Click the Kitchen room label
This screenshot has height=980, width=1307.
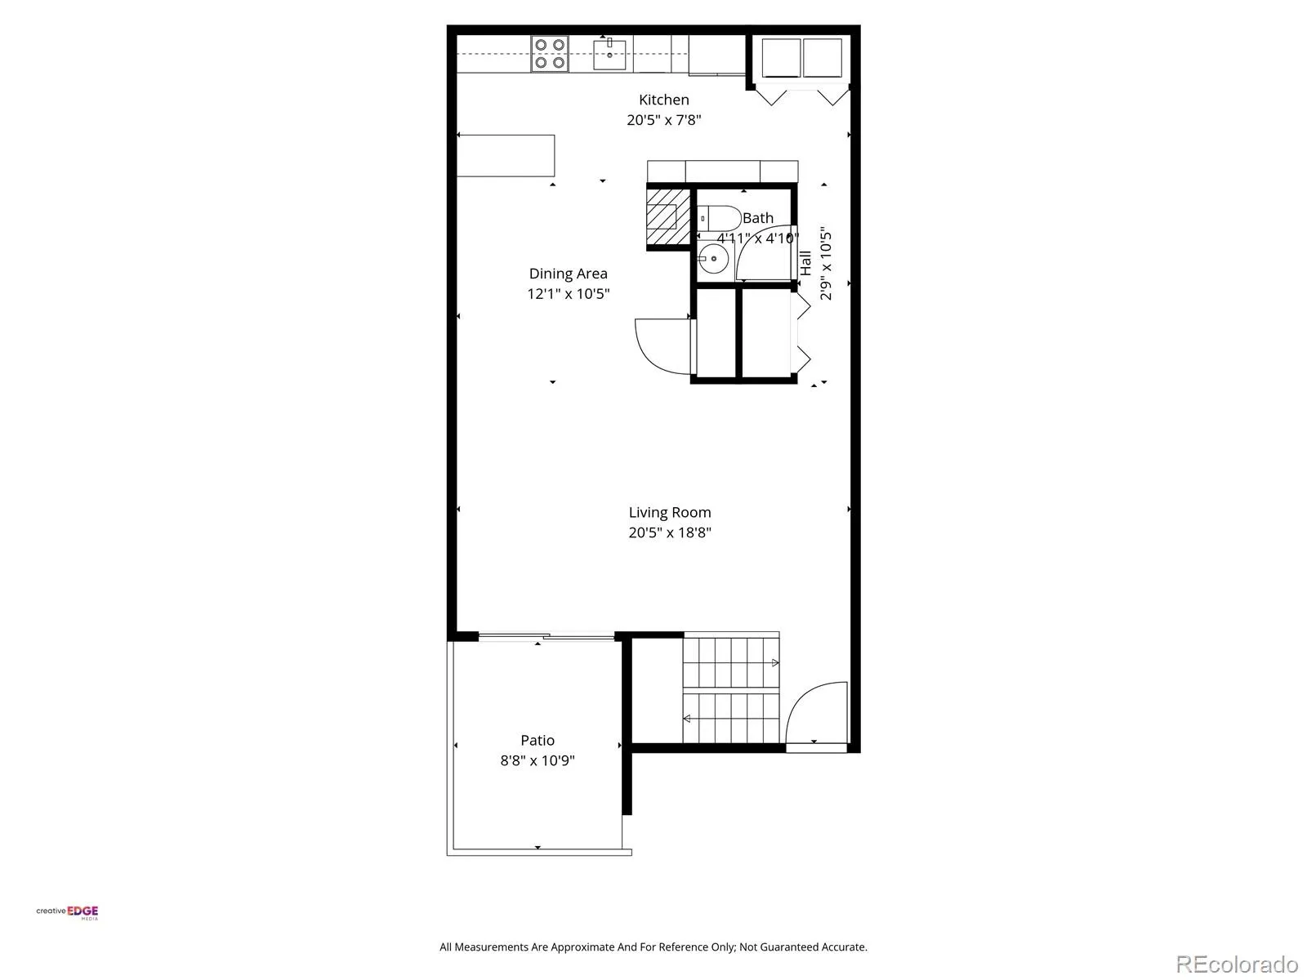pos(663,100)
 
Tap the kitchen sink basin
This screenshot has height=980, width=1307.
pos(609,54)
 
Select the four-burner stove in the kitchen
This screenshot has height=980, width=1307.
pos(550,54)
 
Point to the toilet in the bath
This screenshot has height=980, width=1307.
pos(719,218)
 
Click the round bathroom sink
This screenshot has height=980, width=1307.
pos(713,259)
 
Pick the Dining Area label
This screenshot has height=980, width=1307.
pos(568,274)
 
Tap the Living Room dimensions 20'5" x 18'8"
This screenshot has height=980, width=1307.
pos(670,532)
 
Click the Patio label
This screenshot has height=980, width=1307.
pos(537,740)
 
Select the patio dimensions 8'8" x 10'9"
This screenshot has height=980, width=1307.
pos(537,760)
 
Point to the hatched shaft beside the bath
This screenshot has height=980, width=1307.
pos(668,216)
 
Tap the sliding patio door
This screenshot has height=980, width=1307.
pos(546,637)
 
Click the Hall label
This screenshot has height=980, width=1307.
pos(805,263)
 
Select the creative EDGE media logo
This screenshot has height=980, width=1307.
pos(67,912)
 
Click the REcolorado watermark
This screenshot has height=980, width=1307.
pos(1237,964)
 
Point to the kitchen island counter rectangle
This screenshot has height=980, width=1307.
pos(506,155)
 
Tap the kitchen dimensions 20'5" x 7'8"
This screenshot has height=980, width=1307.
pos(663,120)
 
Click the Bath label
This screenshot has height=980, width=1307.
pos(757,218)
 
